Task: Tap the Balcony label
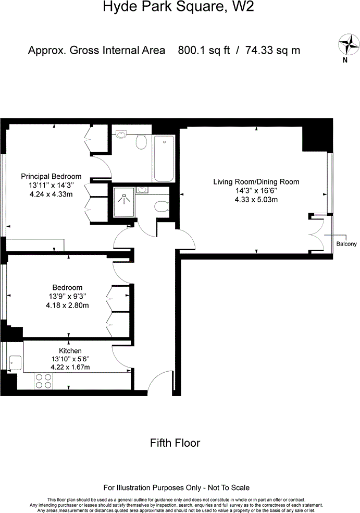[x=346, y=244]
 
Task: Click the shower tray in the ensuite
[x=124, y=202]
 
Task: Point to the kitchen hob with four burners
[x=43, y=381]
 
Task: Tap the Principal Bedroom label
[x=51, y=176]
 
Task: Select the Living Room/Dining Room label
[x=256, y=182]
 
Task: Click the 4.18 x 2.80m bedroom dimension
[x=67, y=305]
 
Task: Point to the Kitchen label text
[x=70, y=351]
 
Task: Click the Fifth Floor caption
[x=175, y=443]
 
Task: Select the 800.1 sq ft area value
[x=201, y=51]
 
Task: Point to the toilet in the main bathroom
[x=141, y=141]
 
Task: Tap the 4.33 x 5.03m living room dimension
[x=256, y=200]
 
